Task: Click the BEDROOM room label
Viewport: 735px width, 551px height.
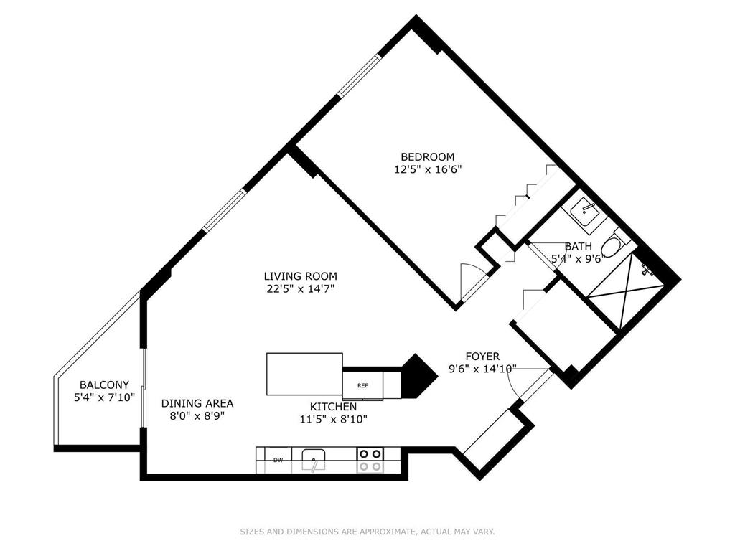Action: click(x=427, y=156)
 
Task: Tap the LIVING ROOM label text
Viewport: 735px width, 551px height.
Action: click(x=301, y=276)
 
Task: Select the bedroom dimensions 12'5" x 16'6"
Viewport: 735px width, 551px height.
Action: click(x=428, y=169)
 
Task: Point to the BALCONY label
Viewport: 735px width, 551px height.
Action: click(x=104, y=385)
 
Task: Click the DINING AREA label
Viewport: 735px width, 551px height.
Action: click(x=197, y=403)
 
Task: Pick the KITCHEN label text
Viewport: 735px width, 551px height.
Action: click(x=333, y=407)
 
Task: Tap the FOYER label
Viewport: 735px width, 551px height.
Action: click(x=482, y=357)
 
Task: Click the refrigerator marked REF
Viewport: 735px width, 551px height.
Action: click(x=362, y=385)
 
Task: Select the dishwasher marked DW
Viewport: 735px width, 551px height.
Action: click(x=278, y=460)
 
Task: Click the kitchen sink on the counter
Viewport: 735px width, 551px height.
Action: click(x=314, y=460)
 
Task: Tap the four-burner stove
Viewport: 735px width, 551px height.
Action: click(x=370, y=460)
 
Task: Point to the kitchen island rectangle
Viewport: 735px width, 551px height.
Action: click(x=304, y=374)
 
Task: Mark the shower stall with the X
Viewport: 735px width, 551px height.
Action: click(x=626, y=291)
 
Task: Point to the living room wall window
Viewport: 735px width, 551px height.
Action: click(x=224, y=209)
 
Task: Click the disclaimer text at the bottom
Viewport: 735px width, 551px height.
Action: click(x=367, y=532)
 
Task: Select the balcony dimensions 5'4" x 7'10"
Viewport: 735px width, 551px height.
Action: click(x=105, y=397)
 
